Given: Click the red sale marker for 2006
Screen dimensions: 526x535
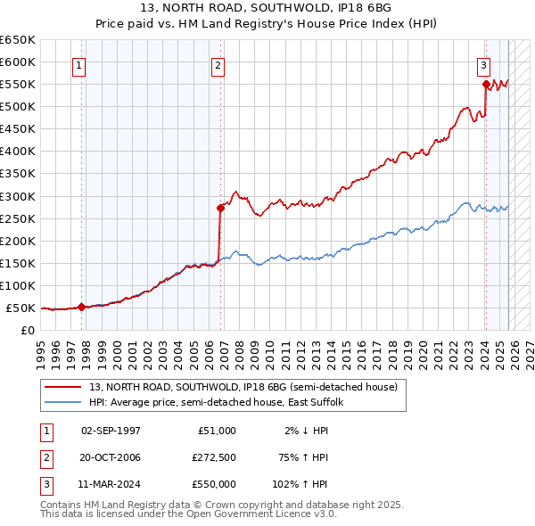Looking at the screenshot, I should point(220,208).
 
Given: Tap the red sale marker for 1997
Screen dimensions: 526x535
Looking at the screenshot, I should point(81,307).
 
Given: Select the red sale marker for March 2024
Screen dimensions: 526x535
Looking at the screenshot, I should point(485,85).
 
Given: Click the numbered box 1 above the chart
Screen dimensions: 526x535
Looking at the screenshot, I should point(79,64).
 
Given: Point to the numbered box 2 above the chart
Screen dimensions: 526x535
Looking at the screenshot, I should point(218,64).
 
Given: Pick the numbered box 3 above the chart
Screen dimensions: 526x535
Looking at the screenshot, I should point(482,64).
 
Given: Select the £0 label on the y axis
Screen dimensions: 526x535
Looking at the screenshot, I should point(28,331).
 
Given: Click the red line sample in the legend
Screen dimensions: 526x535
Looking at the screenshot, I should point(63,386).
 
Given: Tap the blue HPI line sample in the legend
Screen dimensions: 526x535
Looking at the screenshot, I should point(63,402).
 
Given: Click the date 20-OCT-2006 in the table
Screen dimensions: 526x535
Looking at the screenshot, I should point(111,457).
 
